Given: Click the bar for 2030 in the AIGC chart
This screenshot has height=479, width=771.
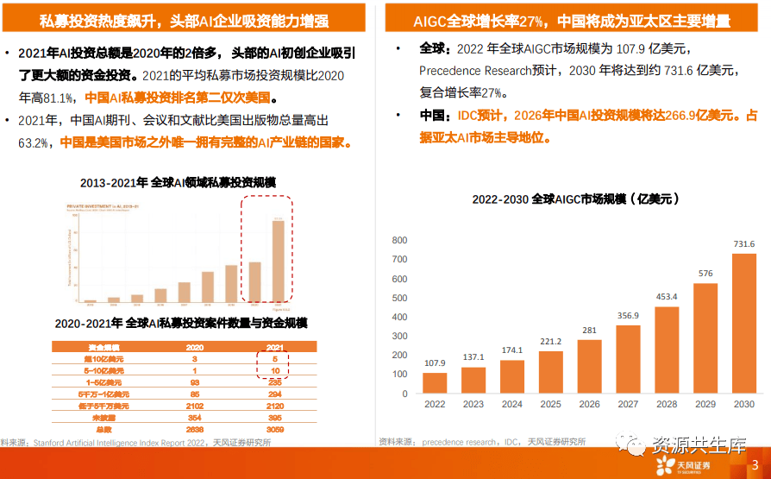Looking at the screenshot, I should click(743, 325).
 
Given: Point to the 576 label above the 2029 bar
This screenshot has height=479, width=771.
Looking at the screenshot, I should click(705, 274).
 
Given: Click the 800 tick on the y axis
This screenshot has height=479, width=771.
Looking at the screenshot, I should click(398, 240).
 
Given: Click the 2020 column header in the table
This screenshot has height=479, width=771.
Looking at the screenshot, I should click(196, 346).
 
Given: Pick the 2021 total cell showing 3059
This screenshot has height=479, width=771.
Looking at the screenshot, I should click(273, 429).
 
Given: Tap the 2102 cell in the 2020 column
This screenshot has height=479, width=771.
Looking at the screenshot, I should click(196, 406).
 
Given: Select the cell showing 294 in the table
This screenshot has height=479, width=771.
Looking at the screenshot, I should click(273, 394).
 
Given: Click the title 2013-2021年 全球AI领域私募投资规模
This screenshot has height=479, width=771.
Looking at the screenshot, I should click(178, 183).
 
